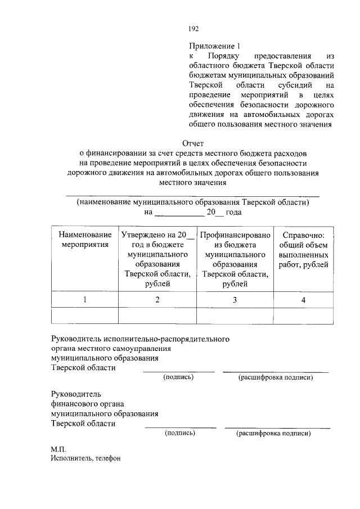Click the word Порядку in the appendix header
click(x=223, y=57)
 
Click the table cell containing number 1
click(x=84, y=300)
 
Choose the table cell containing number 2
click(x=157, y=300)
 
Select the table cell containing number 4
click(x=303, y=300)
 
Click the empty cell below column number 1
click(x=84, y=317)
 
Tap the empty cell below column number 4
click(x=303, y=317)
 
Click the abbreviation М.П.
click(x=58, y=448)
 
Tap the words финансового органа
click(x=87, y=403)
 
